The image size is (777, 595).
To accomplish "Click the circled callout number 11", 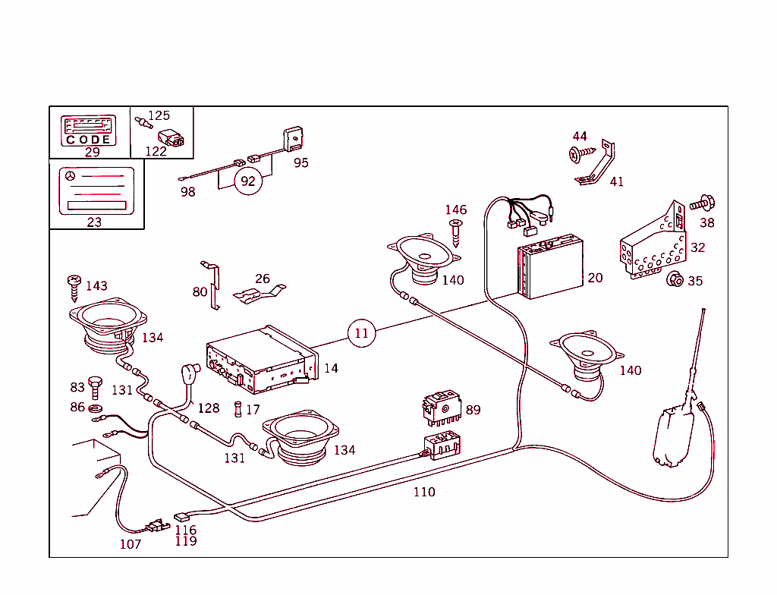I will [362, 332].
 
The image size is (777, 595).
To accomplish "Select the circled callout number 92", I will [247, 181].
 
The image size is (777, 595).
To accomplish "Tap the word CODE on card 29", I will [88, 140].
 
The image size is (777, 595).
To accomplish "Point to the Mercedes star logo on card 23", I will [71, 176].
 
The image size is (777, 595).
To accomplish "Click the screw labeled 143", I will [74, 287].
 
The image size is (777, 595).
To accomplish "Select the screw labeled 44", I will [577, 154].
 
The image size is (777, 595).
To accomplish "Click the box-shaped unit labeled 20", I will [550, 269].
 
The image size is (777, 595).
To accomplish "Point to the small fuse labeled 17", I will [240, 409].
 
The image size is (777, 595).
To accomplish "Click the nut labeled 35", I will [673, 280].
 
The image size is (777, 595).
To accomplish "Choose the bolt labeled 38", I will [703, 203].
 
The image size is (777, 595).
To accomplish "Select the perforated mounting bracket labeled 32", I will [653, 247].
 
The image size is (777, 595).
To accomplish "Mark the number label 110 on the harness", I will [424, 492].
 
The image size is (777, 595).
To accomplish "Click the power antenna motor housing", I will [674, 436].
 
